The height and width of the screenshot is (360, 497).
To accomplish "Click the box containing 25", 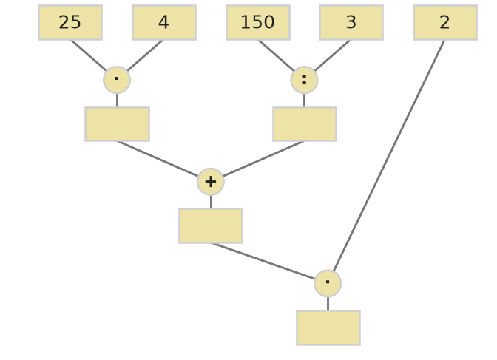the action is click(70, 22).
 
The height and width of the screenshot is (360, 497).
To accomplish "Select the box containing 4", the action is click(164, 22).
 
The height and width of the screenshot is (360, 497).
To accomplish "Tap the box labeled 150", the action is click(258, 22).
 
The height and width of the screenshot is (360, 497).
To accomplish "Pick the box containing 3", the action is click(351, 22).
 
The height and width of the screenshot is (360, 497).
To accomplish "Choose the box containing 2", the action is click(445, 22).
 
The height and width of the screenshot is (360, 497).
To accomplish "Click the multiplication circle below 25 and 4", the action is click(117, 80).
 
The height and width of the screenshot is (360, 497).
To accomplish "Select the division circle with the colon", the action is click(304, 80).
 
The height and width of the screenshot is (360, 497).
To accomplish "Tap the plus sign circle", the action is click(211, 182).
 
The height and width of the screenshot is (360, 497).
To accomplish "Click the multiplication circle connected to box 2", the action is click(328, 283).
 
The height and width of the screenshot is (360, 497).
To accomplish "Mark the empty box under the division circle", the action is click(305, 124).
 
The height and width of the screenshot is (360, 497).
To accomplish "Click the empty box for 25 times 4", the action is click(118, 124).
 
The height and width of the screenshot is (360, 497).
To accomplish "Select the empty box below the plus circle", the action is click(211, 226).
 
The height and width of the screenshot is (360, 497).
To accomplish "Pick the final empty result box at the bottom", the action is click(328, 327).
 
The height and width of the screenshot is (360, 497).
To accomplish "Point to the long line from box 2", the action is click(389, 155).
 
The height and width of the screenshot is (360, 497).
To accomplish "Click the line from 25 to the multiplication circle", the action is click(89, 55).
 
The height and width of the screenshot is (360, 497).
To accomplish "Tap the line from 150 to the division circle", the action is click(276, 55).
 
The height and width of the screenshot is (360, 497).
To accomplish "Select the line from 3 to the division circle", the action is click(333, 55).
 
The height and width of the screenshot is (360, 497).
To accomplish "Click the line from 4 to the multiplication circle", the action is click(145, 55).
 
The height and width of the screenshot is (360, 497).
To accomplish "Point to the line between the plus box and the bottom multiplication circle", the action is click(263, 261).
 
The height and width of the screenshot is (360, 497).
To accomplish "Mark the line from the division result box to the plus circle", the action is click(264, 159).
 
